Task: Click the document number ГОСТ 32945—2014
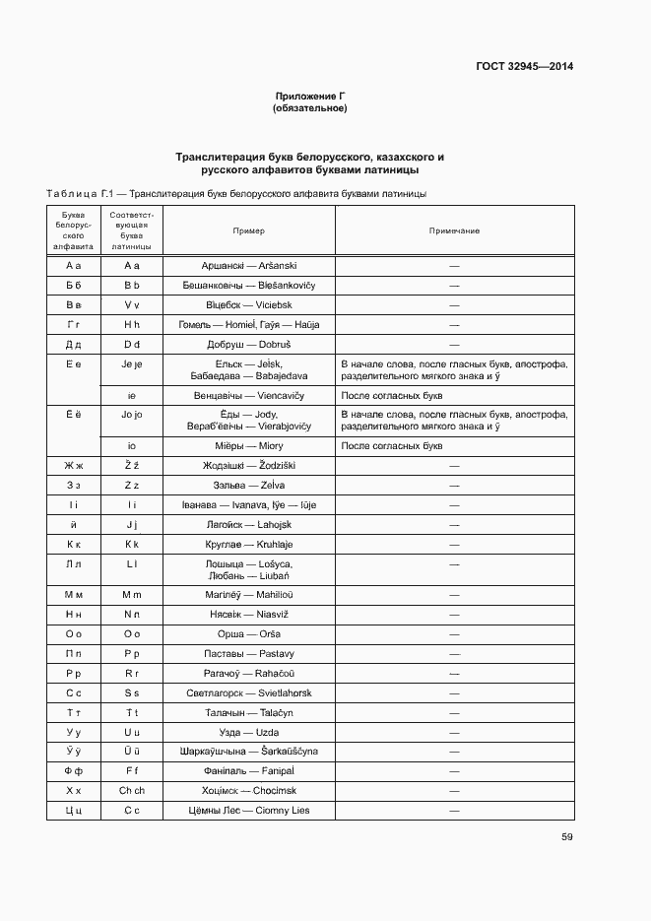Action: coord(526,67)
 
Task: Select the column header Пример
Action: coord(248,230)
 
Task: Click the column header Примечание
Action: coord(454,230)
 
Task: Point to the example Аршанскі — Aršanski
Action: coord(248,266)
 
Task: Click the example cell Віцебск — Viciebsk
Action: coord(248,305)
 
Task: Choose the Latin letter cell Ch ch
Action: coord(132,791)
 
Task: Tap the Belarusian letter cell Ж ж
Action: coord(73,465)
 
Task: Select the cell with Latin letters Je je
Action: coord(132,364)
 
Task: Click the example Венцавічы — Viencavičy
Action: coord(248,395)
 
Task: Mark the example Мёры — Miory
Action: coord(248,445)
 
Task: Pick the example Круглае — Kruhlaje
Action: coord(248,544)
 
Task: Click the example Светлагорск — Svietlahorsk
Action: coord(248,693)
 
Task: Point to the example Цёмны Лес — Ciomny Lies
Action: coord(248,811)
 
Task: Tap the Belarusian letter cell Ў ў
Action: coord(73,752)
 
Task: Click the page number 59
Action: coord(566,837)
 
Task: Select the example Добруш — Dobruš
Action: coord(248,345)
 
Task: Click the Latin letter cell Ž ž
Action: coord(132,465)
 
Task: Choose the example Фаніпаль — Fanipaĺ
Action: coord(248,771)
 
